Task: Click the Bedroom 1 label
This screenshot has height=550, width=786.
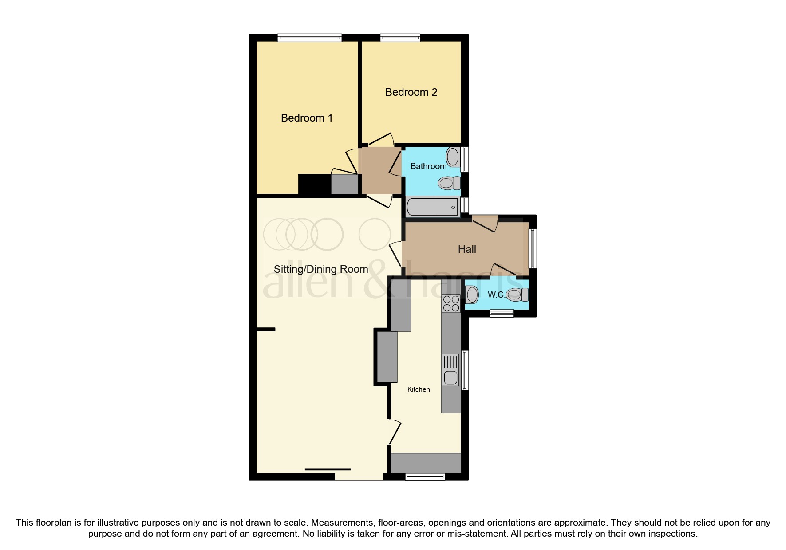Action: [307, 118]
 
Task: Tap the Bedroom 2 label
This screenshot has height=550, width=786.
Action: [411, 92]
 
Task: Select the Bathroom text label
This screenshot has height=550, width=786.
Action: [428, 166]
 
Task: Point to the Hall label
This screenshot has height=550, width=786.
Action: [467, 249]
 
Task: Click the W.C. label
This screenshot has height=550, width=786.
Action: [496, 295]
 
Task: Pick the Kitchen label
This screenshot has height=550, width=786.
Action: [419, 389]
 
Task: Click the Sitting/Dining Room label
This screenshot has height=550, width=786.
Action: [321, 269]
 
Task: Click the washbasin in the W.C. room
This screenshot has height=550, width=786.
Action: [472, 295]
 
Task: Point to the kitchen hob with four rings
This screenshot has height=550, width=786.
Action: [451, 304]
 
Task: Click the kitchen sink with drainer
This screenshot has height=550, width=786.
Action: [450, 370]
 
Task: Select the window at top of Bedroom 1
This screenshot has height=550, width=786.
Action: [309, 38]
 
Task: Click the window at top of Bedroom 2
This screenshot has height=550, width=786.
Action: [400, 38]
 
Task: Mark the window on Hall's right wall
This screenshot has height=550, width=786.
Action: [533, 248]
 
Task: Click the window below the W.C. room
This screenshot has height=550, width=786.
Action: [502, 313]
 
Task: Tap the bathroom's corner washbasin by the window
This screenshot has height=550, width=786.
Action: [453, 157]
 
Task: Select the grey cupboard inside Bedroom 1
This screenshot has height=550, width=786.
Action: [344, 185]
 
